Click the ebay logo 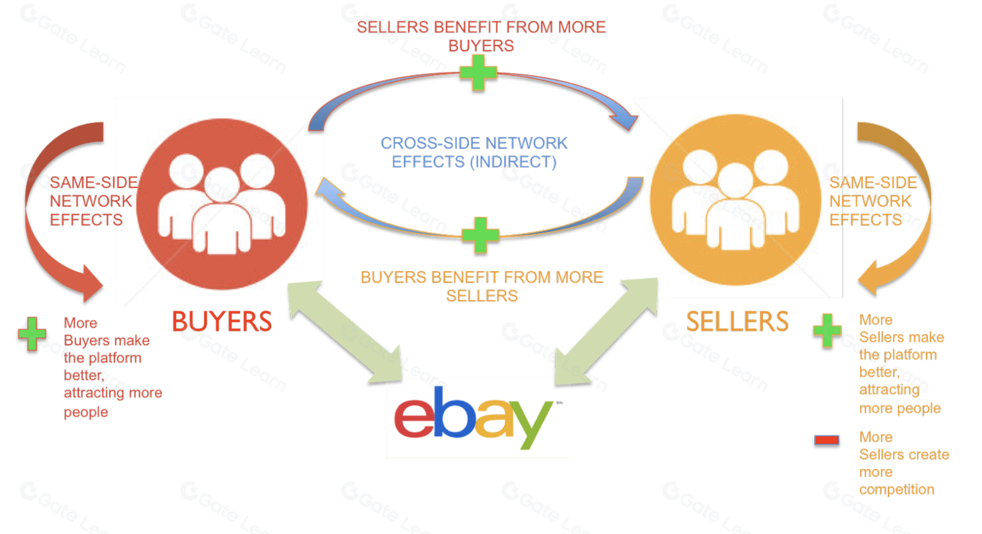click(473, 418)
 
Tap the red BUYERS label click(222, 321)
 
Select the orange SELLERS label click(737, 321)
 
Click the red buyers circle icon click(222, 204)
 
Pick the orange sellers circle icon click(735, 200)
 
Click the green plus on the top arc click(478, 73)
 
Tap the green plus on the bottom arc click(480, 235)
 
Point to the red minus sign click(826, 440)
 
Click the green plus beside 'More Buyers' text click(32, 333)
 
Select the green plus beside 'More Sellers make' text click(827, 330)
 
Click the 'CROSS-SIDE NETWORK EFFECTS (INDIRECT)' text click(474, 152)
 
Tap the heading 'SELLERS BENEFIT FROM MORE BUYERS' click(481, 36)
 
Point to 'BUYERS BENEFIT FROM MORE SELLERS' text click(482, 286)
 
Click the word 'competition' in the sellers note click(896, 489)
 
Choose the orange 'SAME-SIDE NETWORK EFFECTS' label click(873, 201)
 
